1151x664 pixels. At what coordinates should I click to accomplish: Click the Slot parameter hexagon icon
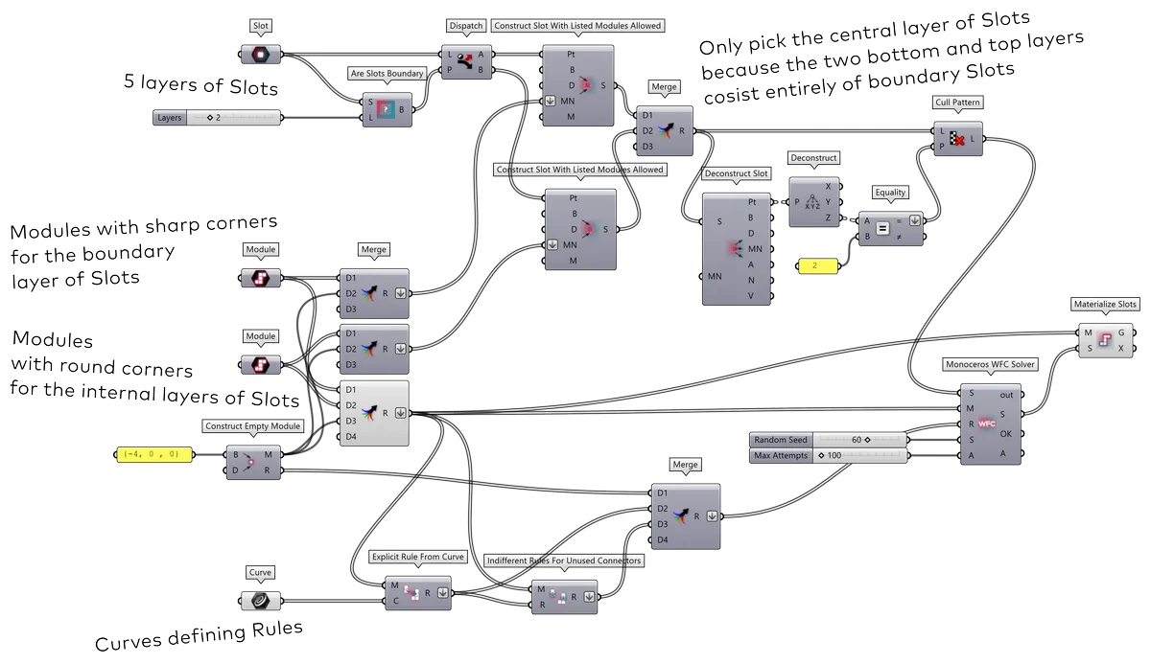(261, 54)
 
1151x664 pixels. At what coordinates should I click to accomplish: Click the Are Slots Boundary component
(385, 110)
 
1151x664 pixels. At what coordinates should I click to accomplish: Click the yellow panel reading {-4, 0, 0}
(152, 455)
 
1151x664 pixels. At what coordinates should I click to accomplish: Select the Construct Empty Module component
(252, 462)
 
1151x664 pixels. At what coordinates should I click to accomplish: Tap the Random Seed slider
(827, 439)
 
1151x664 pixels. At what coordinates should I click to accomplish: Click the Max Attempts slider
(827, 455)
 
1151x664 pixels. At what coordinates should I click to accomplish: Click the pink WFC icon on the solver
(987, 423)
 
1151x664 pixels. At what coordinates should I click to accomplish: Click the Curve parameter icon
(261, 601)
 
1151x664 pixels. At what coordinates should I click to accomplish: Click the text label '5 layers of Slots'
(200, 86)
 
